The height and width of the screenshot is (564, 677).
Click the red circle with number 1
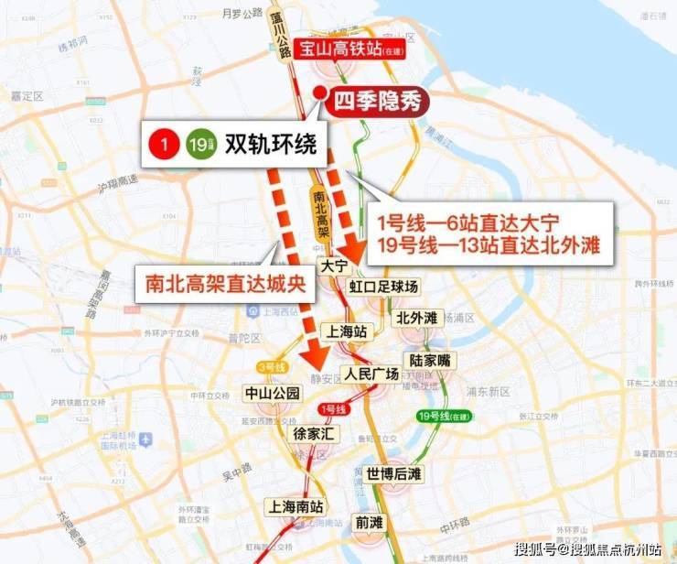(x=164, y=145)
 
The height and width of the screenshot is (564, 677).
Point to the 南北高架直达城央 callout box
(x=226, y=283)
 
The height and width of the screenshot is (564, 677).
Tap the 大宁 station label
(x=334, y=266)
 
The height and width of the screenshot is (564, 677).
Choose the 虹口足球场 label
(x=383, y=287)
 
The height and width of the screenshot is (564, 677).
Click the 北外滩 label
(x=418, y=318)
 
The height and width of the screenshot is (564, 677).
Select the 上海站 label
(x=348, y=331)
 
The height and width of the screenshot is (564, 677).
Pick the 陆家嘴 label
(x=431, y=361)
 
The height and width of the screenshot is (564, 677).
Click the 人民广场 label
(x=371, y=374)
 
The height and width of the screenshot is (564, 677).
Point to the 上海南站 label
(x=295, y=505)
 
